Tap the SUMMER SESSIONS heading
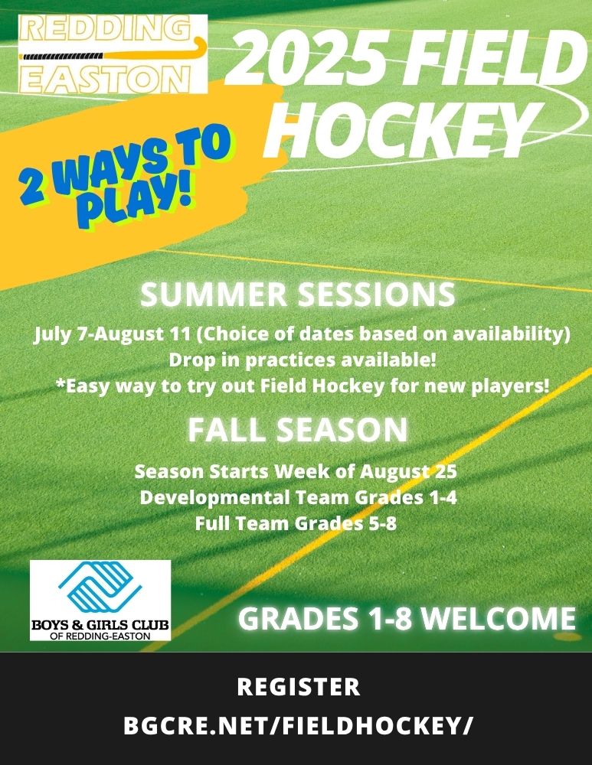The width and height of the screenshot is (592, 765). coord(297,295)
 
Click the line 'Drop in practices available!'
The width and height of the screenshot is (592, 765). coord(303,360)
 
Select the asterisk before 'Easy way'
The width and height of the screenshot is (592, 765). coord(61,385)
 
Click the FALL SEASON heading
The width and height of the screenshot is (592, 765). coord(297,430)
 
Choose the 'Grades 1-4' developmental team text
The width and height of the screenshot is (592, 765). coord(406,498)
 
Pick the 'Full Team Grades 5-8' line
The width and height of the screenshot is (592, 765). coord(296,524)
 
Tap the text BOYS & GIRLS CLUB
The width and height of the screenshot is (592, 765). coord(100,624)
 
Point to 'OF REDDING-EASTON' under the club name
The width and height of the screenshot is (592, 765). coord(100,636)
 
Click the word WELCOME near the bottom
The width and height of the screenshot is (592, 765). coord(499,618)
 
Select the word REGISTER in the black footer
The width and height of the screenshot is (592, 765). coord(299,687)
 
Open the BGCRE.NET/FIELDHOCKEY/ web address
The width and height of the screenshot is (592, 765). coord(298,725)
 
